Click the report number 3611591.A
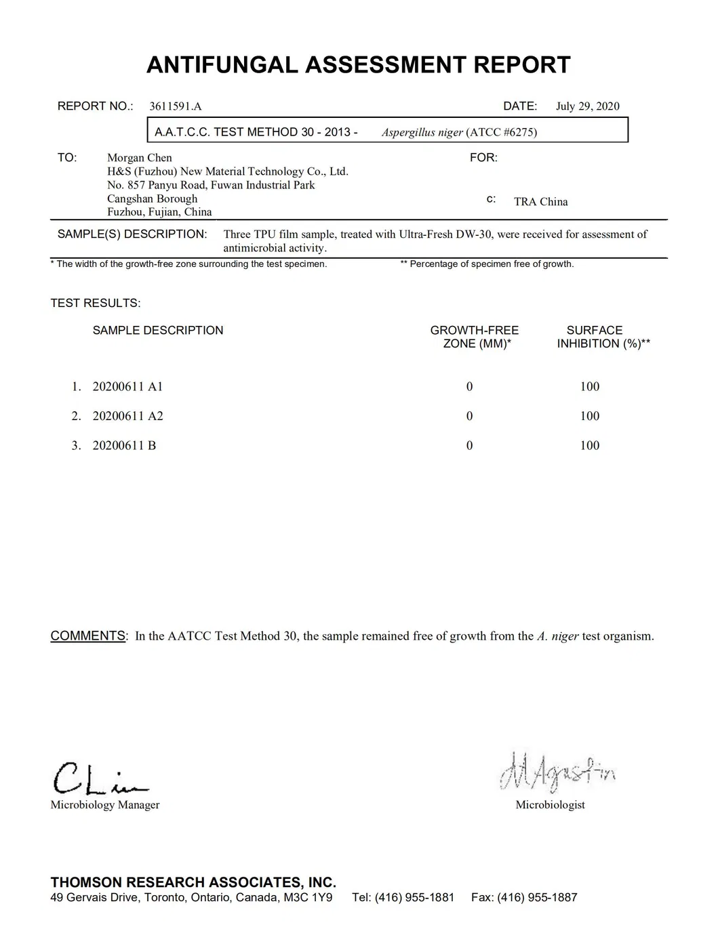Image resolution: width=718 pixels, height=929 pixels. pyautogui.click(x=175, y=106)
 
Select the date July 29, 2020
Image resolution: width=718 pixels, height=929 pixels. pyautogui.click(x=587, y=106)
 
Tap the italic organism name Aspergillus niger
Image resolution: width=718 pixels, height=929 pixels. pyautogui.click(x=422, y=132)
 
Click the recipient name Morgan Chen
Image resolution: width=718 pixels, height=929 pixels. pyautogui.click(x=140, y=158)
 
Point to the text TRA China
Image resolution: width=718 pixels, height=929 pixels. pyautogui.click(x=540, y=202)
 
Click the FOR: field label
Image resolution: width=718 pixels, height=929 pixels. pyautogui.click(x=483, y=158)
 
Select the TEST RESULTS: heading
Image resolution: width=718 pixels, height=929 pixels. pyautogui.click(x=96, y=303)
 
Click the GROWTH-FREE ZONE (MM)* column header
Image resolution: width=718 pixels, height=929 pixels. pyautogui.click(x=475, y=337)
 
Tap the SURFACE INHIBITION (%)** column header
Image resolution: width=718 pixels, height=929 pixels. pyautogui.click(x=603, y=337)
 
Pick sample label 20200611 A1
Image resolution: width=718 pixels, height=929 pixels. pyautogui.click(x=127, y=387)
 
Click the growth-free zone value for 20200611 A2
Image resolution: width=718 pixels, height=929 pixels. pyautogui.click(x=469, y=416)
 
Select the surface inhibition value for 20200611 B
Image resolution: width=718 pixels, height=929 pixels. pyautogui.click(x=589, y=445)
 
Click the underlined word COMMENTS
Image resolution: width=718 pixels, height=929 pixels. pyautogui.click(x=87, y=636)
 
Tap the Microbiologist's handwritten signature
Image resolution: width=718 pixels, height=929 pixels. pyautogui.click(x=557, y=772)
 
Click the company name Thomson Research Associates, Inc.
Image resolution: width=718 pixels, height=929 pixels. pyautogui.click(x=193, y=882)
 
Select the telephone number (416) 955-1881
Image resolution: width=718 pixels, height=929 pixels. pyautogui.click(x=414, y=898)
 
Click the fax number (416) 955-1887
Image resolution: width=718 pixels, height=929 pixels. pyautogui.click(x=537, y=898)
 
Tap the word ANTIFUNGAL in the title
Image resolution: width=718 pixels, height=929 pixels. pyautogui.click(x=222, y=65)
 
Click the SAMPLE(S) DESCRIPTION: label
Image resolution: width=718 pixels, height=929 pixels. pyautogui.click(x=132, y=234)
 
